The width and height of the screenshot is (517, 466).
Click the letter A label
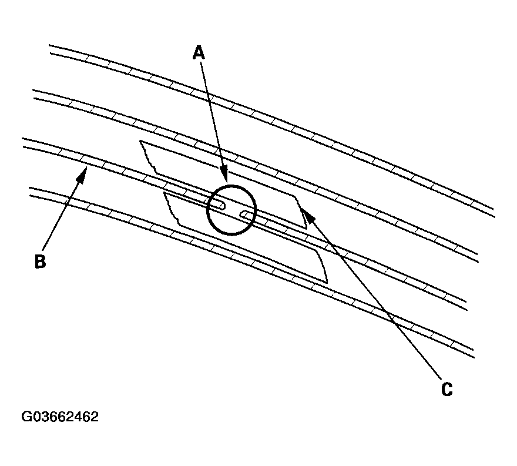coord(199,53)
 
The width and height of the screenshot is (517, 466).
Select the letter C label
coord(446,389)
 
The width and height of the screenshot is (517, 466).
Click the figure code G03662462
coord(60,417)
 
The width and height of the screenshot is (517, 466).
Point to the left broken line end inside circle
coord(224,206)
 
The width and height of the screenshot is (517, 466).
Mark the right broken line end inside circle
coord(241,214)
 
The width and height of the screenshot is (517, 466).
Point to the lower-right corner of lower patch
coord(327,283)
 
